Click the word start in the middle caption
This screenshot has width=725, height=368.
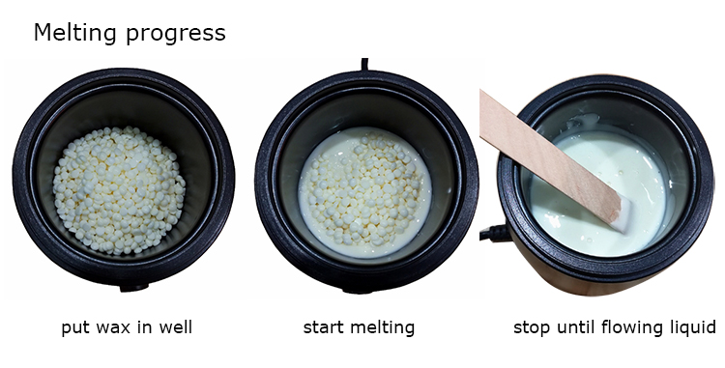coord(323,327)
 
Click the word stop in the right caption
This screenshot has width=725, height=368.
coord(531,327)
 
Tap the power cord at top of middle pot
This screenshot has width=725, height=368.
coord(365,66)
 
